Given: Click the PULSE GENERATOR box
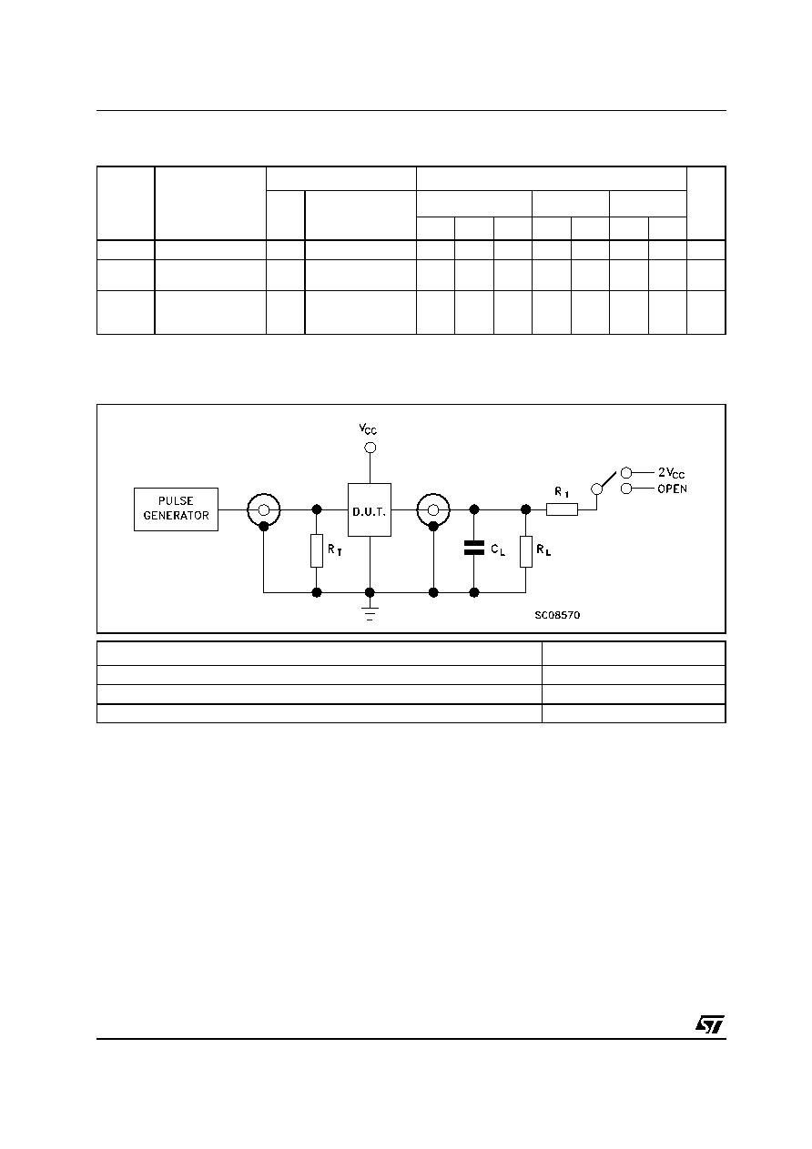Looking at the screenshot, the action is tap(176, 509).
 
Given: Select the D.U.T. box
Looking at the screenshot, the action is tap(370, 509).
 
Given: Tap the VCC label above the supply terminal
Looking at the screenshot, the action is tap(368, 428).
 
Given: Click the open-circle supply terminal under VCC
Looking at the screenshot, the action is tap(370, 448).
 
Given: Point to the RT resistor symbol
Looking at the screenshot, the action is tap(317, 550).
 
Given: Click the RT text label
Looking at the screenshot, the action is tap(335, 549).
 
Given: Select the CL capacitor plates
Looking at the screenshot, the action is tap(473, 548).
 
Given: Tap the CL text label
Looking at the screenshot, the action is tap(498, 549).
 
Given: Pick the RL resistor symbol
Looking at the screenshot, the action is tap(525, 551).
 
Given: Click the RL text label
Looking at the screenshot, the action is tap(543, 549).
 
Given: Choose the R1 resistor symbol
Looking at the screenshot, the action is tap(562, 509).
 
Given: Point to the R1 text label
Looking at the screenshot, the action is tap(562, 492).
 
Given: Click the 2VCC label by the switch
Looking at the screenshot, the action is tap(672, 473).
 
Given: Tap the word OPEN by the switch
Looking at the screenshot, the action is tap(672, 489).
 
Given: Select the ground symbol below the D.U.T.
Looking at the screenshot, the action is tap(370, 614).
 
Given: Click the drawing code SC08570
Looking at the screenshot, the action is tap(557, 615).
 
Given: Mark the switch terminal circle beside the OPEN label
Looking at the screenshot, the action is tap(626, 489).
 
